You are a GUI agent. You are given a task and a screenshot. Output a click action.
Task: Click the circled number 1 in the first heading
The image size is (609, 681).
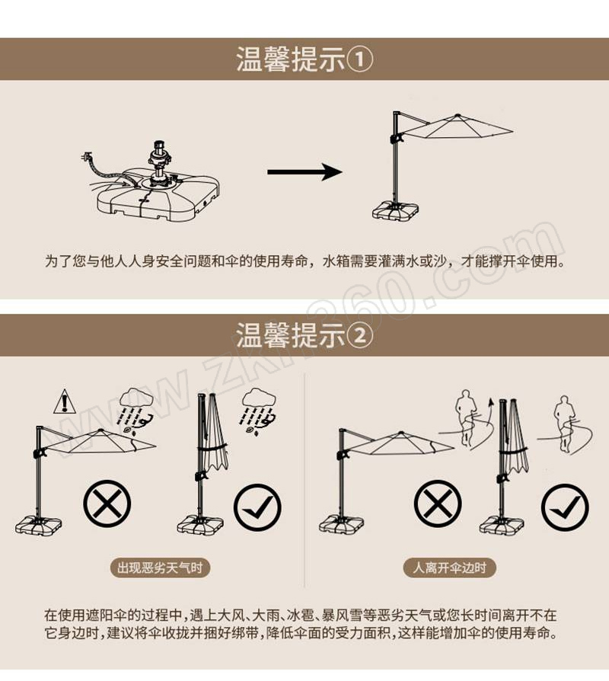[x=360, y=59]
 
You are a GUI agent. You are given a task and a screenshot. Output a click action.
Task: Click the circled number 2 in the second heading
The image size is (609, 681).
[x=360, y=336]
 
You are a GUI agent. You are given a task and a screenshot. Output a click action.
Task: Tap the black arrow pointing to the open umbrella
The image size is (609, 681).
[x=304, y=171]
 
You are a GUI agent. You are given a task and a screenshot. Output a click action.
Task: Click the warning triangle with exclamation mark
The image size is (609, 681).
[x=65, y=401]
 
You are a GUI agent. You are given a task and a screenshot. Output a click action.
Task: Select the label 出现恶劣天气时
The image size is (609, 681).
[x=160, y=567]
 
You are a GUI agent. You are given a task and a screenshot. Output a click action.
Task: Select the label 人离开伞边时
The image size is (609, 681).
[x=449, y=567]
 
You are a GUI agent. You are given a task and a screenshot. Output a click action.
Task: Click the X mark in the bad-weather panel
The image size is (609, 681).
[x=107, y=504]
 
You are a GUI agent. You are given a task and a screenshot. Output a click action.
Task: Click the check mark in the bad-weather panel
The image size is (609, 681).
[x=257, y=507]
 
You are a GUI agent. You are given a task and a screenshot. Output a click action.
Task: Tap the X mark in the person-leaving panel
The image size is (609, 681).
[x=438, y=504]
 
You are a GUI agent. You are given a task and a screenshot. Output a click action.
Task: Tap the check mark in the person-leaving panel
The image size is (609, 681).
[x=565, y=507]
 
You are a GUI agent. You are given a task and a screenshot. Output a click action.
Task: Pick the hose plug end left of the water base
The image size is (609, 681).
[x=87, y=156]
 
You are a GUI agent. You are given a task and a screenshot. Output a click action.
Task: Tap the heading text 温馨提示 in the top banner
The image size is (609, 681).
[x=290, y=59]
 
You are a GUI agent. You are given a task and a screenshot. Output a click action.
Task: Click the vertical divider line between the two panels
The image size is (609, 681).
[x=304, y=480]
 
